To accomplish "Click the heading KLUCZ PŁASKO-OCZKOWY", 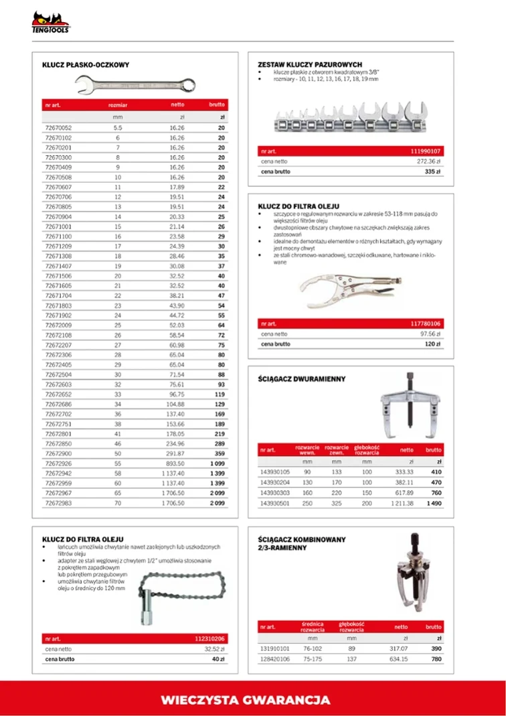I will [86, 65].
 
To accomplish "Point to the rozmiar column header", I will [118, 105].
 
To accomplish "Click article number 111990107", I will [426, 152].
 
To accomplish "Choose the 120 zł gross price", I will [432, 344].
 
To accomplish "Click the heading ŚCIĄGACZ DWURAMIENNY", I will [301, 378].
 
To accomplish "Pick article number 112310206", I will [209, 638].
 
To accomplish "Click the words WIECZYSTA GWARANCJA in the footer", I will [246, 700].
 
